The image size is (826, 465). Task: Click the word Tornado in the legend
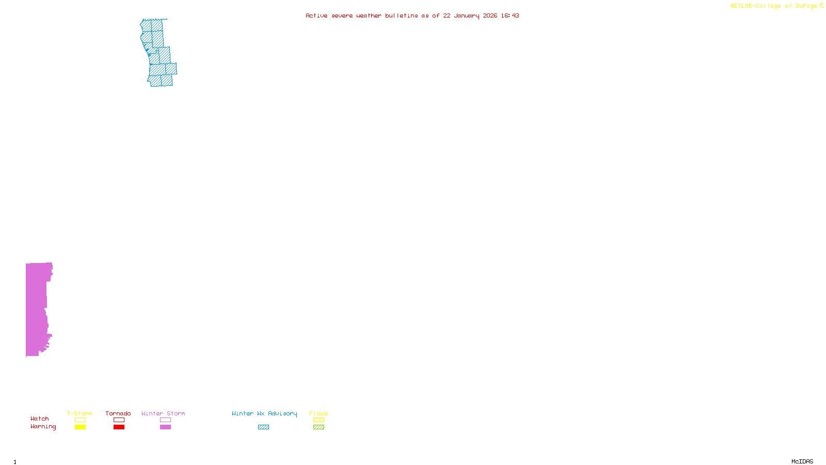(x=118, y=413)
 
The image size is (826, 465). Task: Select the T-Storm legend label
(x=80, y=413)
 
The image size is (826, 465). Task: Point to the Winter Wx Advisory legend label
(x=264, y=413)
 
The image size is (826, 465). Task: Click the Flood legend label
(x=319, y=413)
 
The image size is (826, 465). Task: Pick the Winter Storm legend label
(x=163, y=413)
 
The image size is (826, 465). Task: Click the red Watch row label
(x=40, y=419)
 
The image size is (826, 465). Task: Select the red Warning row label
(x=43, y=427)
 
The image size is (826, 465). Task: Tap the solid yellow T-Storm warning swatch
(x=80, y=427)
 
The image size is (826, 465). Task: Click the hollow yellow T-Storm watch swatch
(x=80, y=420)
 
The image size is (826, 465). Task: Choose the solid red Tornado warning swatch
(x=119, y=427)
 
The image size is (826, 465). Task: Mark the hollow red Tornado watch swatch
(x=119, y=420)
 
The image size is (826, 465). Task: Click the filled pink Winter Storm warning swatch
(x=165, y=427)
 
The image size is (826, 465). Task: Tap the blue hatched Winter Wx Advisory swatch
(x=263, y=427)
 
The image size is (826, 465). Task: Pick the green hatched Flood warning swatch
(x=319, y=427)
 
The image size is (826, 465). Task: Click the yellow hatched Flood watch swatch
(x=319, y=420)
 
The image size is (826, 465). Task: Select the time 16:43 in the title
(x=510, y=16)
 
